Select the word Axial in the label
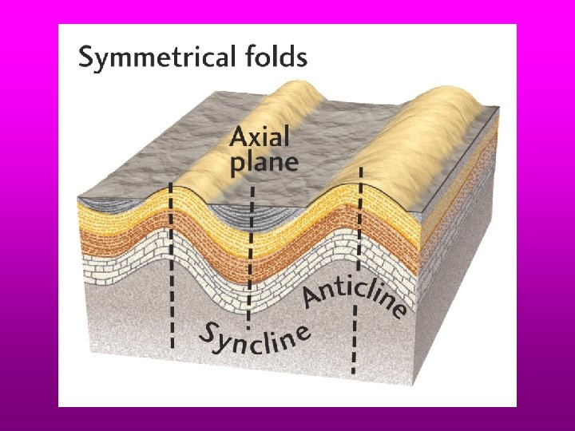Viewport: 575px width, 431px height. click(260, 137)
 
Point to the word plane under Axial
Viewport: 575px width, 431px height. click(264, 163)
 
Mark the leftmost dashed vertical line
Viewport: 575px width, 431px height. click(172, 263)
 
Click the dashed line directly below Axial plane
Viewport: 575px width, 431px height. click(251, 255)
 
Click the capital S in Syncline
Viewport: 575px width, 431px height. click(208, 335)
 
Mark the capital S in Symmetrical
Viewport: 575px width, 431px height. click(88, 57)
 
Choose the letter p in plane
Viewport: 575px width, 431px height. click(237, 165)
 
